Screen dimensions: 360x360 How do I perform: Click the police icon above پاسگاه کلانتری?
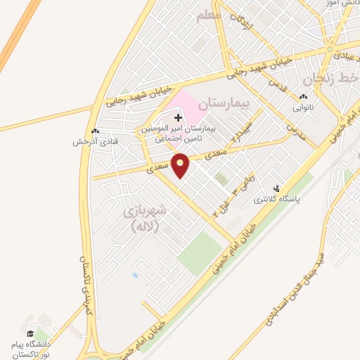click(x=276, y=188)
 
